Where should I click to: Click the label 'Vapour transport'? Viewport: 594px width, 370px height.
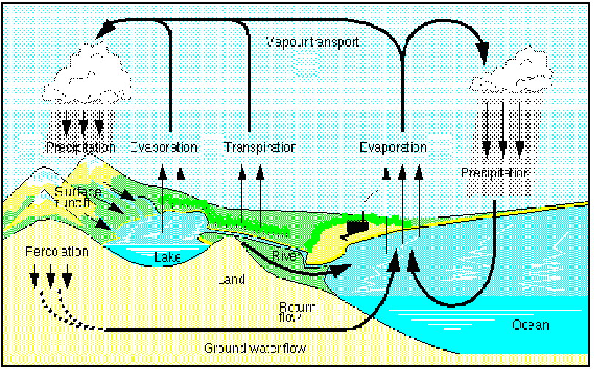pos(312,42)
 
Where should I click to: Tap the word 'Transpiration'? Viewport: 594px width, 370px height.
pos(260,147)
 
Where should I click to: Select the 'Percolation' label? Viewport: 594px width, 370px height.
pos(57,251)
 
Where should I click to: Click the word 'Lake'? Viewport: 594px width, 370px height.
pos(167,258)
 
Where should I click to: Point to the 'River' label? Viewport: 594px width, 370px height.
pos(287,256)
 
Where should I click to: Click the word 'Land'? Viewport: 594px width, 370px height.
pos(231,280)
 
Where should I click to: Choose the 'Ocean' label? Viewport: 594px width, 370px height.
pos(530,325)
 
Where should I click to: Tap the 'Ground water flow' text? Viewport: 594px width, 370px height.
pos(255,348)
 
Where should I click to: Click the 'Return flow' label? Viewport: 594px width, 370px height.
pos(298,311)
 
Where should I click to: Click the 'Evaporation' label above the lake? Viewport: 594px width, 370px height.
pos(164,147)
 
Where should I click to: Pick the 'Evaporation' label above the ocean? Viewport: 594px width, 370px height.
pos(393,147)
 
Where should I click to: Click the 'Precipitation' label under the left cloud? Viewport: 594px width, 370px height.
pos(81,147)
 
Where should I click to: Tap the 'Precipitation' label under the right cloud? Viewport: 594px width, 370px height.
pos(495,173)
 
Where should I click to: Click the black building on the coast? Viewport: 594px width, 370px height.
pos(357,226)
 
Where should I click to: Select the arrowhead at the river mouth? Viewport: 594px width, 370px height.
pos(341,270)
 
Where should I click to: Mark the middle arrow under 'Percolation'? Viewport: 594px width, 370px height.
pos(51,276)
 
